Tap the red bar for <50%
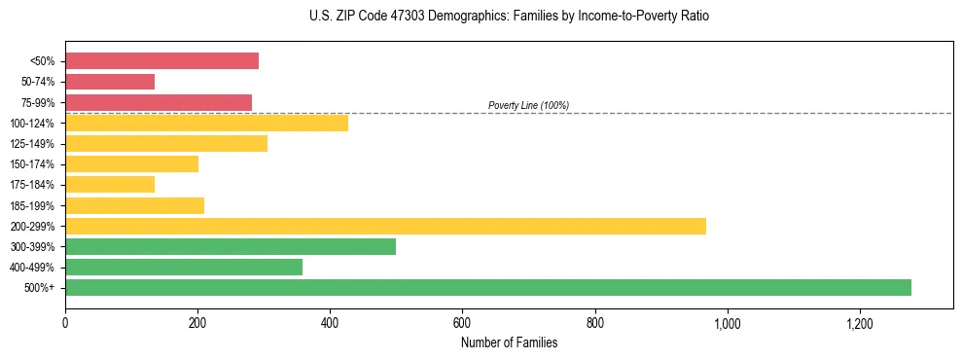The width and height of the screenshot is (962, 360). pyautogui.click(x=161, y=61)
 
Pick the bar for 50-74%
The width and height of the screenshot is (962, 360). pyautogui.click(x=110, y=82)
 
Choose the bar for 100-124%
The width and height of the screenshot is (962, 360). pyautogui.click(x=206, y=123)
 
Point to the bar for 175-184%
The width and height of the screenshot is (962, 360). pyautogui.click(x=110, y=184)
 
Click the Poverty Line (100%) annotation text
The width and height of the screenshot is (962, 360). pyautogui.click(x=528, y=105)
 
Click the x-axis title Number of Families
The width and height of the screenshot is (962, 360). pyautogui.click(x=509, y=342)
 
